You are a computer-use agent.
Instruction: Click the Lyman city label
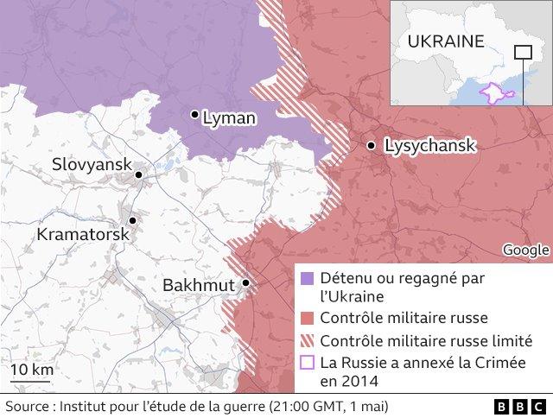(229, 119)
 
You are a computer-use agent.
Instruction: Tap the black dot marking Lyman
(195, 114)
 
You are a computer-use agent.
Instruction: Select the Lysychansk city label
(429, 146)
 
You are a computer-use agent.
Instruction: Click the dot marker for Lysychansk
(371, 146)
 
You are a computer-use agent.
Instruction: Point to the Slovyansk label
(91, 163)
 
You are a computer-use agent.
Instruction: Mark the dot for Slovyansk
(138, 175)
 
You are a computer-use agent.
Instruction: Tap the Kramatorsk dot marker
(133, 221)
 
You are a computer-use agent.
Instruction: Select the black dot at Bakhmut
(246, 282)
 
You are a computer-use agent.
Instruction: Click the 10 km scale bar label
(31, 370)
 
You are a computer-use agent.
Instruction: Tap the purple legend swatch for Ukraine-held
(308, 279)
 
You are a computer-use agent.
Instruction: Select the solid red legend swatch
(308, 318)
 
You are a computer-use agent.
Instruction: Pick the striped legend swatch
(308, 341)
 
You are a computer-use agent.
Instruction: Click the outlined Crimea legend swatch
(308, 364)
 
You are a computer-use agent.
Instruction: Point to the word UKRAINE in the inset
(445, 41)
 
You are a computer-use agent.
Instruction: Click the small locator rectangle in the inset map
(523, 52)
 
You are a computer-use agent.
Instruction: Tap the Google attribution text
(525, 250)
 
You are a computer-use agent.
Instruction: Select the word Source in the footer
(27, 406)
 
